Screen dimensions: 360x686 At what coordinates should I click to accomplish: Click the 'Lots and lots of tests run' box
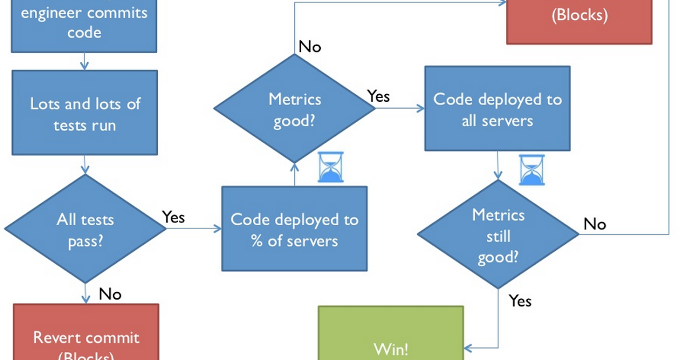tap(85, 113)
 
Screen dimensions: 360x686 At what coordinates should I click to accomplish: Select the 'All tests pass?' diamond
tap(85, 229)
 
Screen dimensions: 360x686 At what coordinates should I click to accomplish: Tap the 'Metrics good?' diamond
tap(294, 109)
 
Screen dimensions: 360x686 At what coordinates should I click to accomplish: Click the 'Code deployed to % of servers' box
tap(294, 229)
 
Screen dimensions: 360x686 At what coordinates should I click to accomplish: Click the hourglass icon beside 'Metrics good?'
tap(330, 167)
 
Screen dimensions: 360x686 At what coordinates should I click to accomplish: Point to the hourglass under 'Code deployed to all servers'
tap(532, 170)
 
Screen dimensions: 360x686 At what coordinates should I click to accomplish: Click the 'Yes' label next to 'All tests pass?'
tap(173, 217)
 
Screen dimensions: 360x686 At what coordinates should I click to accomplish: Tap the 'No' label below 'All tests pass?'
tap(110, 294)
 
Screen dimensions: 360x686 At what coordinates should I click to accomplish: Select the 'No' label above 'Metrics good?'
tap(310, 47)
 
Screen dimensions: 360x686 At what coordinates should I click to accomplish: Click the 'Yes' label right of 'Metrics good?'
tap(378, 96)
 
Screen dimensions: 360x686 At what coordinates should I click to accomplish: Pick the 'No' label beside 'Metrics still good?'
tap(595, 224)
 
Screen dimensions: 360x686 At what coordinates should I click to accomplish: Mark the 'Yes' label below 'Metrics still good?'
tap(520, 301)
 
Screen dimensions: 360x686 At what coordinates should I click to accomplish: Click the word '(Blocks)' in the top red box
tap(579, 15)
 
